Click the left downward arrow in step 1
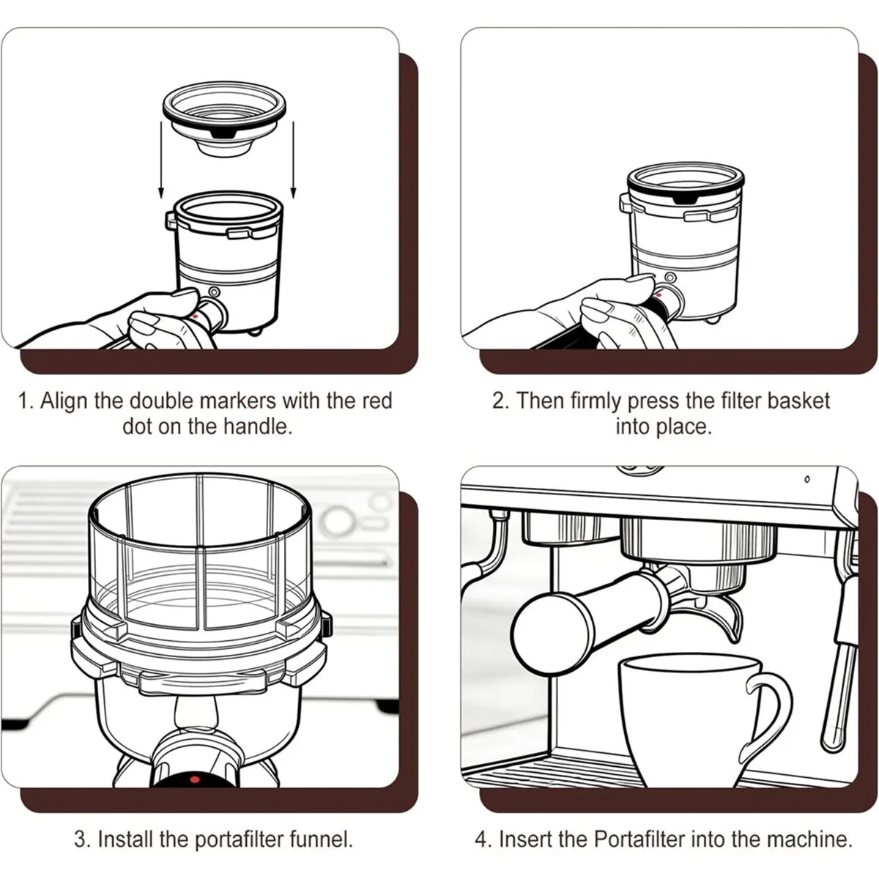161,160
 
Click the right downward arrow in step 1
293,160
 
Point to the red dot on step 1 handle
196,316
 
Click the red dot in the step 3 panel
195,779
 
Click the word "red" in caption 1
377,401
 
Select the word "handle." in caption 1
258,426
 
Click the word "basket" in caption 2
798,401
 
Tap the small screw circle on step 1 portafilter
214,292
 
